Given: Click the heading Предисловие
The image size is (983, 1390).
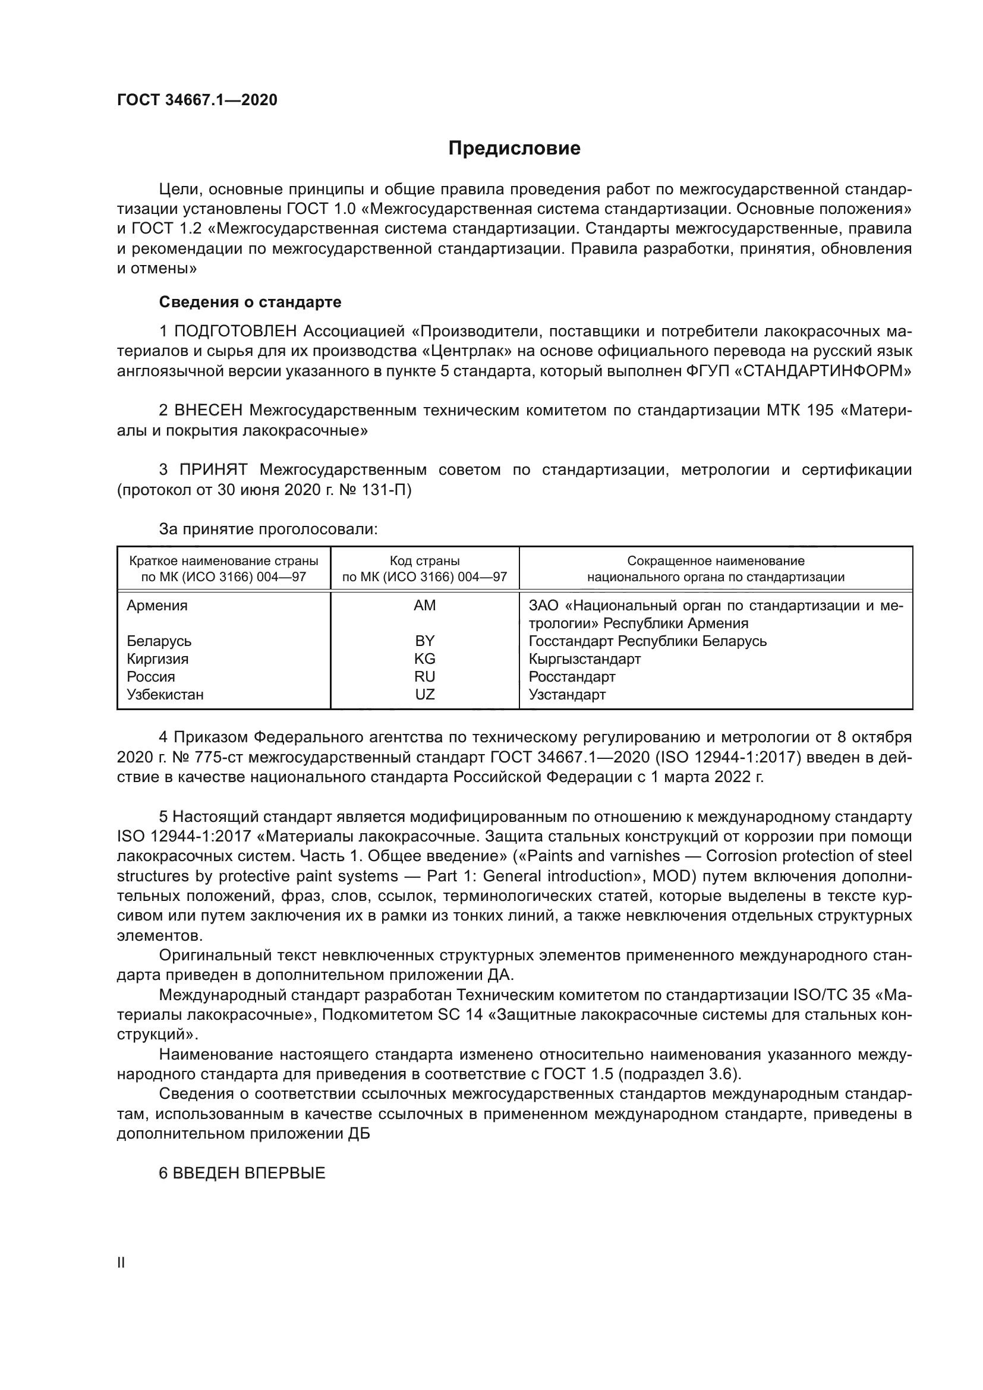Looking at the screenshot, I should pos(514,149).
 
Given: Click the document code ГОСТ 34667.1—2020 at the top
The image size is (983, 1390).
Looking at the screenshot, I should pos(197,100).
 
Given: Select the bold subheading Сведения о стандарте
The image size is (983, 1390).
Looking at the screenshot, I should pos(250,301).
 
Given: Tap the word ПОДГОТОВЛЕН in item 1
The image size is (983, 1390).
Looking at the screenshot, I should pos(236,331).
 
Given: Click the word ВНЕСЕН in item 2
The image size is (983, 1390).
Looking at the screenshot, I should pos(208,411).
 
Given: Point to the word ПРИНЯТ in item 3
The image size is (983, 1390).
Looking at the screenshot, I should pos(214,470).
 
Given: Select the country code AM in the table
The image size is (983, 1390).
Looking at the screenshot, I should pos(424,606).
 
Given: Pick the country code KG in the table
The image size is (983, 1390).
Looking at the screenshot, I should pos(424,658).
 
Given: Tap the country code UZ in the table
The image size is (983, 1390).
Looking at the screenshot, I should pos(424,694).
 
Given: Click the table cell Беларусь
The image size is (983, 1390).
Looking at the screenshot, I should pos(159,641).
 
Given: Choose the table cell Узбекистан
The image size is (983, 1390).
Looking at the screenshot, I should pos(165,694).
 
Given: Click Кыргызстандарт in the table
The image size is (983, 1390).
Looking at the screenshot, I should pos(584,658).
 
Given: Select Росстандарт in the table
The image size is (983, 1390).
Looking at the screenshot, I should pos(571,677).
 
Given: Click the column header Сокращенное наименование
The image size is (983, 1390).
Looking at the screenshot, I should pos(716,561).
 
